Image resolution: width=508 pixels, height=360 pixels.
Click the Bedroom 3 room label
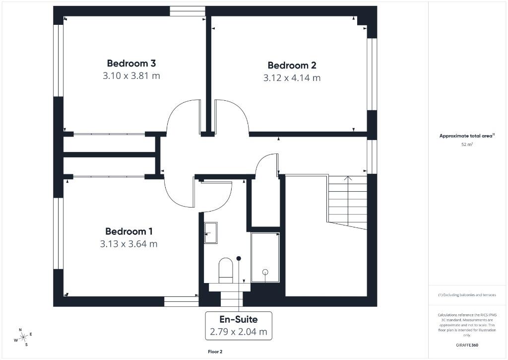tap(131, 64)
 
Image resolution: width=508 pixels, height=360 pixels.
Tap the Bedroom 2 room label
tap(292, 66)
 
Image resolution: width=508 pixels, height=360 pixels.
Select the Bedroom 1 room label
tap(129, 231)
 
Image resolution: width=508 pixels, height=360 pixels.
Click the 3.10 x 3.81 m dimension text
tap(131, 76)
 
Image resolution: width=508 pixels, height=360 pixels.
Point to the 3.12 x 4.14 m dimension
tap(292, 78)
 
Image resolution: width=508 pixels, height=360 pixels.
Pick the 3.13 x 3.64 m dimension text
tap(129, 244)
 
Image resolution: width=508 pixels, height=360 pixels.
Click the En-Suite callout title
tap(239, 319)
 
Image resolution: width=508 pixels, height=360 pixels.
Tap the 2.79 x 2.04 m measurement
tap(239, 331)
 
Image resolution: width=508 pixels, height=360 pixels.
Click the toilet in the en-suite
tap(226, 270)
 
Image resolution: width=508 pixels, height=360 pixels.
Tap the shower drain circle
tap(265, 272)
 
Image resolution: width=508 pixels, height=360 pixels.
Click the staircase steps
tap(347, 201)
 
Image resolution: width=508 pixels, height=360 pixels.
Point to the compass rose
tap(23, 337)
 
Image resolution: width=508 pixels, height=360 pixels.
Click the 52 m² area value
tap(467, 145)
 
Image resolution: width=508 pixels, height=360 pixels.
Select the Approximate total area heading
tap(466, 136)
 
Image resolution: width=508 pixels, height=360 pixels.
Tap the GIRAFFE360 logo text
tap(467, 345)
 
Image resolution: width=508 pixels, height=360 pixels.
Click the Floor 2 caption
tap(215, 352)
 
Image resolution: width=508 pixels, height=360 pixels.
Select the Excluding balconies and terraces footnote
tap(467, 295)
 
